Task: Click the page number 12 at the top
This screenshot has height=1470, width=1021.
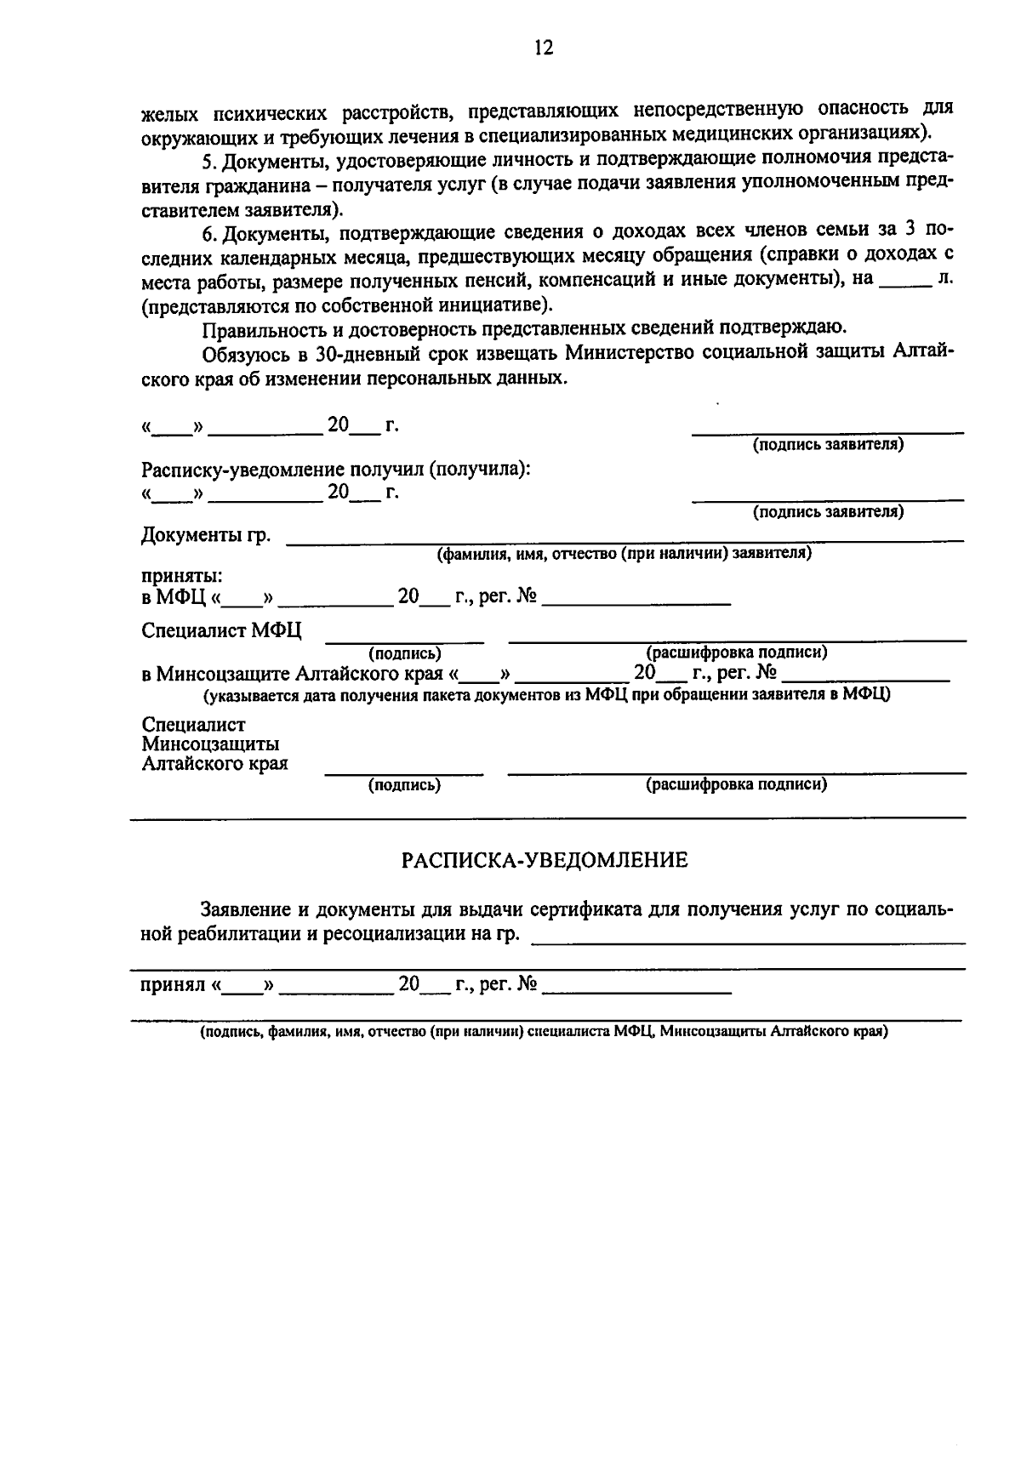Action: [544, 48]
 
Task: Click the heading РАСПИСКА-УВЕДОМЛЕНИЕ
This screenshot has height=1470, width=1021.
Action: [545, 860]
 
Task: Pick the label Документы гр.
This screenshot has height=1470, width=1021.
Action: [206, 536]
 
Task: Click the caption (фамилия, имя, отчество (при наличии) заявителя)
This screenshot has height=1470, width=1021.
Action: [625, 555]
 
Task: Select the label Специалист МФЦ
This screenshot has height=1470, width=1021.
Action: [221, 631]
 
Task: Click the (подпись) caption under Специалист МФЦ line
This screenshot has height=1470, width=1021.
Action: [404, 653]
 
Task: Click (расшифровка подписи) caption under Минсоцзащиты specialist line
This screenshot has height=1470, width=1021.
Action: [736, 784]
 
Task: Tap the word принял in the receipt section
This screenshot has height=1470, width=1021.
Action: [173, 985]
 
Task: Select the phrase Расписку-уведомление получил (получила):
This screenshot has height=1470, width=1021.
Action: [336, 470]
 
